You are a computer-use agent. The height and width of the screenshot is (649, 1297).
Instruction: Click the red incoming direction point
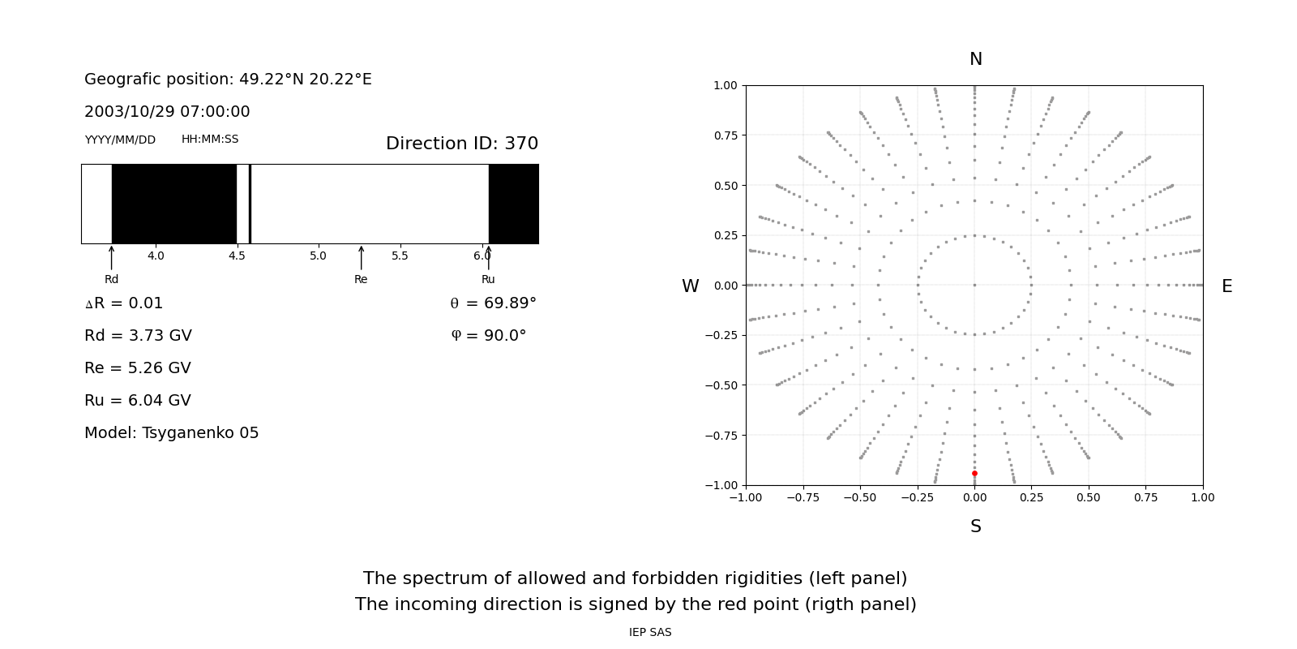pos(974,473)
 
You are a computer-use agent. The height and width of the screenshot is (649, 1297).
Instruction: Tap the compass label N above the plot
pos(975,59)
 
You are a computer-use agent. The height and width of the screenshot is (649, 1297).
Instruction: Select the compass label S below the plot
pos(975,527)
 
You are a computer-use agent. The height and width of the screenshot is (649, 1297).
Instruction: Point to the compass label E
pos(1226,286)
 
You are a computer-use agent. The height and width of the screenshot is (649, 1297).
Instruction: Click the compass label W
pos(690,286)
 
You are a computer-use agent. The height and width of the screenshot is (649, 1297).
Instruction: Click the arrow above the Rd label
pos(112,257)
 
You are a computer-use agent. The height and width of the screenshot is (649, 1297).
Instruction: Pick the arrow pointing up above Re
pos(362,257)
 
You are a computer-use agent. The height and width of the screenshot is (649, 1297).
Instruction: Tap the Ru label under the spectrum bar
pos(488,280)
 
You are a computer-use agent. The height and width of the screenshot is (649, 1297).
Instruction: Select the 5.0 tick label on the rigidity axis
pos(319,256)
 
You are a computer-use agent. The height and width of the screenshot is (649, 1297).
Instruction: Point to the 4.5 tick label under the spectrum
pos(237,256)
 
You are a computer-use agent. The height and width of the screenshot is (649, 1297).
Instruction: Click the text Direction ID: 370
pos(462,144)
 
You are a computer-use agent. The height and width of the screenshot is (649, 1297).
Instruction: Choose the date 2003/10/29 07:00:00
pos(167,112)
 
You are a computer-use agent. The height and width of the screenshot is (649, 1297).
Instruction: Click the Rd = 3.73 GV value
pos(138,336)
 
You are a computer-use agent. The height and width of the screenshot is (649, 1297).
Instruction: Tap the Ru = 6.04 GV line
pos(138,401)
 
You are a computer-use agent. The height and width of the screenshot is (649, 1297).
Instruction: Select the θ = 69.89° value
pos(493,303)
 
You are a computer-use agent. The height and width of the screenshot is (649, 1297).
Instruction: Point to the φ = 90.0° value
pos(489,336)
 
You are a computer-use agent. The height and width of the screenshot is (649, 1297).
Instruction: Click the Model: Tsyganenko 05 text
pos(172,433)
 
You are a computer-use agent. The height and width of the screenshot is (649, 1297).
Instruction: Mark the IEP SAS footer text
pos(650,633)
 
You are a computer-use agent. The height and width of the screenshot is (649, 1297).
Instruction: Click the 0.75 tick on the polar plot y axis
pos(726,135)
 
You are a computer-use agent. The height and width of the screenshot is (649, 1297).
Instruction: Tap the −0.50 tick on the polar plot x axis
pos(860,497)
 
